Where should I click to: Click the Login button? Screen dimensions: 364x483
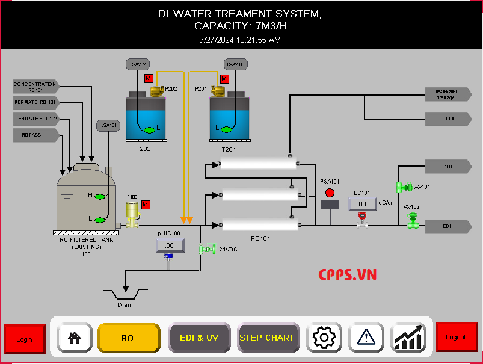(x=25, y=339)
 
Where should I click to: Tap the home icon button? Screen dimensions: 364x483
(x=75, y=338)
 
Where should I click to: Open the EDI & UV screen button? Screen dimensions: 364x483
(x=200, y=338)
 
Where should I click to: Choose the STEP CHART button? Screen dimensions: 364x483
(x=267, y=338)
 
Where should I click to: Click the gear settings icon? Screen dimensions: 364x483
(x=324, y=338)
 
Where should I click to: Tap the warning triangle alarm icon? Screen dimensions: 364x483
(x=366, y=338)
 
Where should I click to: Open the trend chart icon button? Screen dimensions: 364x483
(x=409, y=338)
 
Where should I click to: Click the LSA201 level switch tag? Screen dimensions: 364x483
(x=236, y=64)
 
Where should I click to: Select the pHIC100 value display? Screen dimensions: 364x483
(x=170, y=245)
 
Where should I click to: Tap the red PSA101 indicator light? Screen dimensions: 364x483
(x=330, y=193)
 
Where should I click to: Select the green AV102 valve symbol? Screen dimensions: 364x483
(x=413, y=220)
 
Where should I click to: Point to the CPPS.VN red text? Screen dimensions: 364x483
(x=347, y=275)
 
